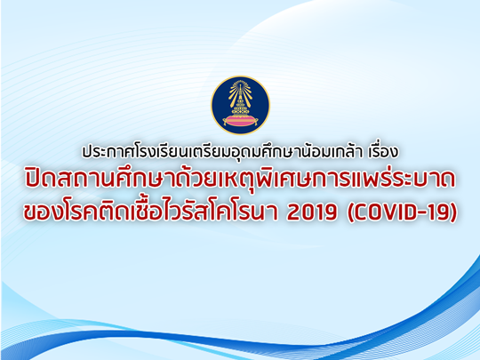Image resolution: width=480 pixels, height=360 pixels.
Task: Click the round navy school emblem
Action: pos(240,105)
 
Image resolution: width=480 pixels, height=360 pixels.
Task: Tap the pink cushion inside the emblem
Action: pos(240,120)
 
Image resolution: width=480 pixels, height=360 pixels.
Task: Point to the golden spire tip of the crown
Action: pos(240,83)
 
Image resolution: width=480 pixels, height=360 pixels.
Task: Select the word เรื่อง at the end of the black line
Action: pos(384,150)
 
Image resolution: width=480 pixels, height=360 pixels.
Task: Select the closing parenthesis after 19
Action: pos(453,212)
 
